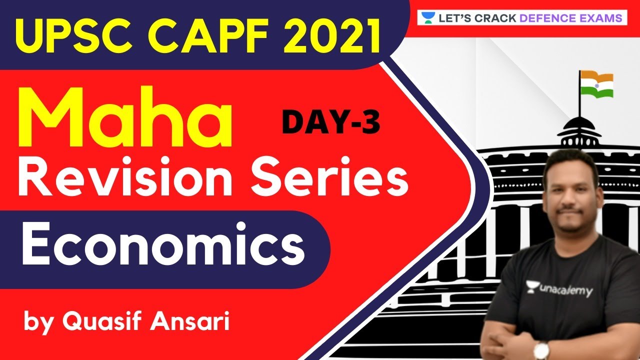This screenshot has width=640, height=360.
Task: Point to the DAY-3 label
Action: click(x=330, y=122)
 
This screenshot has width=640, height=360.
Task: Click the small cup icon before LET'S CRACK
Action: click(x=426, y=18)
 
